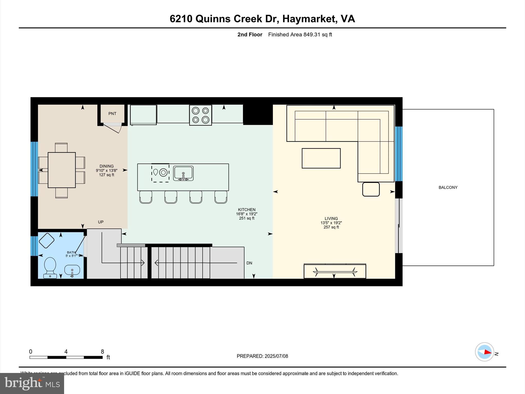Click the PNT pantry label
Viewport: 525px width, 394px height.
[112, 114]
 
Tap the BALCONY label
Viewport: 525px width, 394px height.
[448, 188]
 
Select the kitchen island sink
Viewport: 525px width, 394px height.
[183, 173]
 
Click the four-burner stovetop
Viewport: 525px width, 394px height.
[200, 115]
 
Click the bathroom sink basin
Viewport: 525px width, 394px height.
[72, 270]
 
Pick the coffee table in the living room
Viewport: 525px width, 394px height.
[321, 158]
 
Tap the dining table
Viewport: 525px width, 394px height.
[62, 170]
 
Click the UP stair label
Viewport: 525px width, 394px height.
[100, 222]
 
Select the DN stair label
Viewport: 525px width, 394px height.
[249, 263]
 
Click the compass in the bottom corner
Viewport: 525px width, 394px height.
[484, 352]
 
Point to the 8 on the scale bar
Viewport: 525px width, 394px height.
[102, 352]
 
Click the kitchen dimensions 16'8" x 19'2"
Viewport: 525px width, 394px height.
[247, 214]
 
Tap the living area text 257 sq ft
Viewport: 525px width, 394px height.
[331, 227]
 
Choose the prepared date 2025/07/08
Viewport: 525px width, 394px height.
[276, 356]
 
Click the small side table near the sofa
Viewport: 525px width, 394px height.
[371, 189]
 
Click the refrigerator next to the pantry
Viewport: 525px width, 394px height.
[143, 115]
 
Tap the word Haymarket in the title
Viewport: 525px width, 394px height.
[310, 19]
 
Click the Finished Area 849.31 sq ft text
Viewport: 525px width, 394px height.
[300, 35]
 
